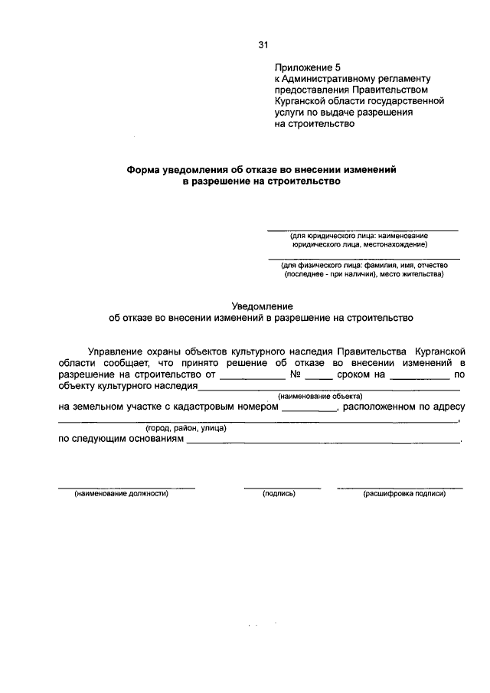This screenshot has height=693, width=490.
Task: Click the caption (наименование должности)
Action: (x=121, y=494)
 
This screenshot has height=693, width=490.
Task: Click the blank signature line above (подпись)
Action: (x=282, y=487)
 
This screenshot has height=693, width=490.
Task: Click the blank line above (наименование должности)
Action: (x=126, y=487)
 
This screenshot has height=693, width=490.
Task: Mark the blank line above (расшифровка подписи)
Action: (x=399, y=487)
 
